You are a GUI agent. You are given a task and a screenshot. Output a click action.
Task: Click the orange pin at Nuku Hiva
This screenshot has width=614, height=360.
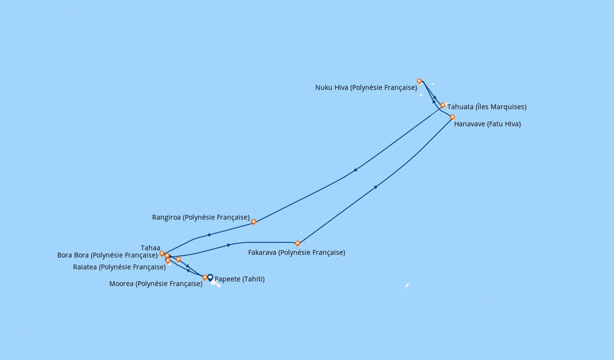[419, 82]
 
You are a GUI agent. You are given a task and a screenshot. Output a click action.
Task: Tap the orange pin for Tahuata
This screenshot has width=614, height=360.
[442, 106]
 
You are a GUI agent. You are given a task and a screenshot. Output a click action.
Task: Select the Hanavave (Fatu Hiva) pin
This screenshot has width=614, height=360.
[452, 118]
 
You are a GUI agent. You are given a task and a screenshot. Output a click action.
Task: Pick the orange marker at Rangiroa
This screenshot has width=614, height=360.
[254, 222]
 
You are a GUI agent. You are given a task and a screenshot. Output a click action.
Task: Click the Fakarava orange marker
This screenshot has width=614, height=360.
[297, 243]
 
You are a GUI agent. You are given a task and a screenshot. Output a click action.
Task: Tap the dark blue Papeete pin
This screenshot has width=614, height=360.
[210, 278]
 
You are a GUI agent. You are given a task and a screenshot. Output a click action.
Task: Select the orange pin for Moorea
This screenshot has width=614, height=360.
[204, 278]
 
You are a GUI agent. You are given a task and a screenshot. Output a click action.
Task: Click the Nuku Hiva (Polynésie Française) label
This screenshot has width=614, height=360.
[366, 87]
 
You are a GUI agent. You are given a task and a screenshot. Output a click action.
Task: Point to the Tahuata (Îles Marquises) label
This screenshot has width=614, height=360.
[487, 107]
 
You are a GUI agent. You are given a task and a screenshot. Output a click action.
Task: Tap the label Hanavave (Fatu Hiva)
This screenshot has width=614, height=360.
[487, 124]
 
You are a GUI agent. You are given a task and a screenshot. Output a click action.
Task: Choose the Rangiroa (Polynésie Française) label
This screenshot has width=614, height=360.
[201, 217]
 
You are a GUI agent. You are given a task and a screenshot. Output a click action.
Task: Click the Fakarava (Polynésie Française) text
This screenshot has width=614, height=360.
[296, 252]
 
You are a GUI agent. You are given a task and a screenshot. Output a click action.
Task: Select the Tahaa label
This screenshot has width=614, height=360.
[151, 248]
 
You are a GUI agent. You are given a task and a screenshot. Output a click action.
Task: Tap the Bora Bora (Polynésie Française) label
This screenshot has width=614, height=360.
[107, 255]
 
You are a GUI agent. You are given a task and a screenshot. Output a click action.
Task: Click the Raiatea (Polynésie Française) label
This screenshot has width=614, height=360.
[119, 267]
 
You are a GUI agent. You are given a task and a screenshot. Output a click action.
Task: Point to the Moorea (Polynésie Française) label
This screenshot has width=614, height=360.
[156, 284]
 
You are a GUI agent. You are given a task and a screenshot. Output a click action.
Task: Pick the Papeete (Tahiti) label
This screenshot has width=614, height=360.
[239, 279]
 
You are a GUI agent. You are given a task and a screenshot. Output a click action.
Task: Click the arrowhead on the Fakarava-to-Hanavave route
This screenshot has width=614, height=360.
[376, 187]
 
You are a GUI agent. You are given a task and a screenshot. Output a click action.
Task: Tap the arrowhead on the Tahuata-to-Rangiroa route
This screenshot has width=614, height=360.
[355, 170]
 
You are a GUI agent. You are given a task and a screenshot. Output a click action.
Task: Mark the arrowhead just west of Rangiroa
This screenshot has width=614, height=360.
[209, 235]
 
